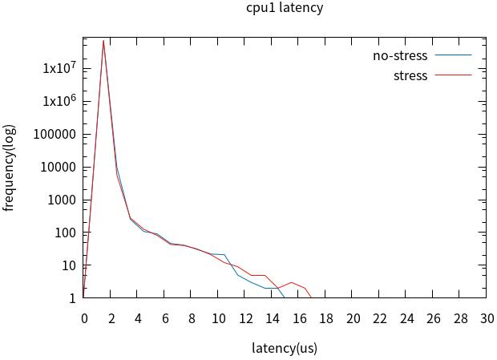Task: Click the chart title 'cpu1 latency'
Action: click(285, 8)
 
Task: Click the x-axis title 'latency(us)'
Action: click(285, 348)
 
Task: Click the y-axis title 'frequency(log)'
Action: click(10, 168)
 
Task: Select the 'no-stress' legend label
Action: click(400, 56)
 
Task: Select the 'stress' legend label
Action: click(410, 75)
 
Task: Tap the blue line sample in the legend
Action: click(453, 56)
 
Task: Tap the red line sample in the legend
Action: click(453, 75)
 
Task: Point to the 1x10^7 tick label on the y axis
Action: click(59, 68)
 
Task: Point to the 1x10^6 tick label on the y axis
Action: click(59, 101)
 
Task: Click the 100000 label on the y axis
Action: click(55, 134)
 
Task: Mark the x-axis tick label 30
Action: click(487, 318)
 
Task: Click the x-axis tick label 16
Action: click(299, 318)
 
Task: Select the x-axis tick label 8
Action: click(192, 318)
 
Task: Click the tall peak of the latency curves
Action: click(103, 41)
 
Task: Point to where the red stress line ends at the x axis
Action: click(311, 297)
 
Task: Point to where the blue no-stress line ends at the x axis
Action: click(285, 297)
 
